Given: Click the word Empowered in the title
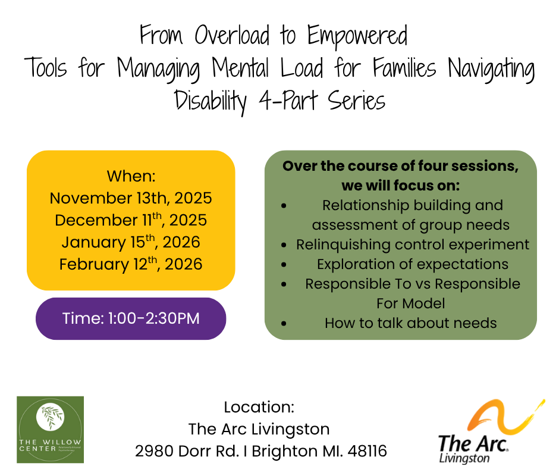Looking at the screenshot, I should tap(357, 37).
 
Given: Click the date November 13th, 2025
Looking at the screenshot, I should tap(131, 198).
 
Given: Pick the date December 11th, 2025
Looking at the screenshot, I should tap(131, 220).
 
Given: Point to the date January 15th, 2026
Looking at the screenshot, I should tap(131, 242).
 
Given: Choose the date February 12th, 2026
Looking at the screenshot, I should tap(131, 264).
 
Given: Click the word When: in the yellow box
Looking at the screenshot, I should tap(131, 177).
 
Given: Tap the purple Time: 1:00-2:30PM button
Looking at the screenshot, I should tap(131, 318).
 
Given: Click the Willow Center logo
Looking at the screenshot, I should tap(50, 430).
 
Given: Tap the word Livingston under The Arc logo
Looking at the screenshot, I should tap(464, 459).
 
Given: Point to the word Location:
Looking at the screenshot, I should tap(259, 408).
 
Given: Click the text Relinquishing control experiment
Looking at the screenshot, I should tap(412, 245).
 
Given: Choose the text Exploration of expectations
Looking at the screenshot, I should tap(412, 264).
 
